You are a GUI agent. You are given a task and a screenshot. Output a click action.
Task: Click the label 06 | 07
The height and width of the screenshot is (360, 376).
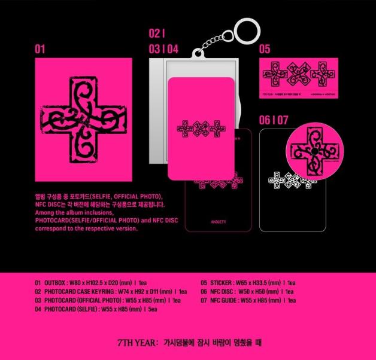(x=274, y=120)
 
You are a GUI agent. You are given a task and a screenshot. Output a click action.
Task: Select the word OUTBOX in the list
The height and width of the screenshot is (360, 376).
(x=57, y=280)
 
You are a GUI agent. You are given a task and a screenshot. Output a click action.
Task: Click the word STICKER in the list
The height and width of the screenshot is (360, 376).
(x=222, y=280)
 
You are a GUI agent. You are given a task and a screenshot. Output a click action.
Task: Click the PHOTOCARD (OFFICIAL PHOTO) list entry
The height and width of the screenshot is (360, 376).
(x=108, y=300)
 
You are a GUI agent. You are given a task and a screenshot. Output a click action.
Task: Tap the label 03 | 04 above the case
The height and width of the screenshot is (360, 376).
(x=164, y=50)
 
